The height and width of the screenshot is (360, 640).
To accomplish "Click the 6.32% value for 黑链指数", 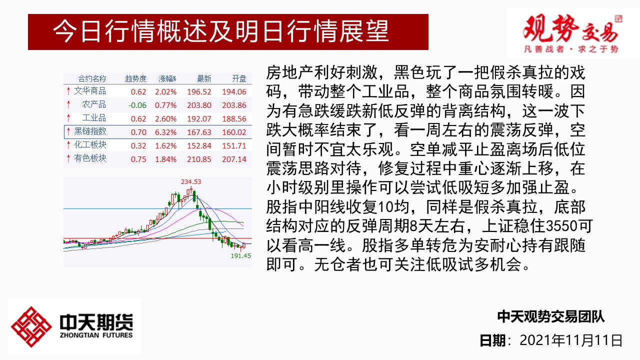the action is coord(165,132).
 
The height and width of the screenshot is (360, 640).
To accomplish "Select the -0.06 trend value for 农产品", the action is coord(137,105).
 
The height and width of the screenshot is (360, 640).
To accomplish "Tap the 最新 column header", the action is coord(204,78).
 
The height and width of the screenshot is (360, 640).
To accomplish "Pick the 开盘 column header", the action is coord(239,78).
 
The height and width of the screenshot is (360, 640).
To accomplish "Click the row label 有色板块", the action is coord(90,158).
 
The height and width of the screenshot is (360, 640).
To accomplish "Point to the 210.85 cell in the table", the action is coord(199,159).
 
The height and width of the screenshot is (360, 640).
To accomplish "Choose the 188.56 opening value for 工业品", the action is coord(234,119).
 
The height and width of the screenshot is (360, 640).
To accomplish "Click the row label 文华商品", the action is coord(90,91).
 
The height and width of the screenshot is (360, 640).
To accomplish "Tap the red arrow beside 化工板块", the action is coord(68,145).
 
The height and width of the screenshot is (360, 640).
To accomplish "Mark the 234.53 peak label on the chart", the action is coord(191,181).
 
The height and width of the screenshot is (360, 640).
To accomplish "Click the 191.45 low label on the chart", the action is coord(241,255).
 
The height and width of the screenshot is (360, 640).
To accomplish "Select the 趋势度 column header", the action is coord(135,78).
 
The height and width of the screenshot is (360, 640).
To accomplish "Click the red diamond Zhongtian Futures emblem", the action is coord(31,327).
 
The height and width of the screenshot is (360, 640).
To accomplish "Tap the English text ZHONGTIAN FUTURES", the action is coord(96,335).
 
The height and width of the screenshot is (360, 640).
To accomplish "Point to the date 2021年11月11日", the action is coord(571,340).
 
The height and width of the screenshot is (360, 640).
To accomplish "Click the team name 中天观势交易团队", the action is coord(551,316).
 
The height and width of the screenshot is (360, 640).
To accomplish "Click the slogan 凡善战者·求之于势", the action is coord(571,49).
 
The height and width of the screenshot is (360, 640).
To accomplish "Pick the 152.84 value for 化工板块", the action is coord(199,145).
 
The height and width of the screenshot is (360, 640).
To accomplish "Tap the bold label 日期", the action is coord(492,340).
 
